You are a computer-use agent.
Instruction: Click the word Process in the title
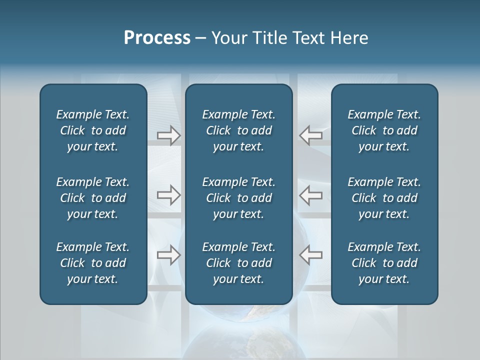click(x=157, y=38)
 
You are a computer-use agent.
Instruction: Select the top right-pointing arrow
click(x=168, y=135)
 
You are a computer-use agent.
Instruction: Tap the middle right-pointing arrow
click(x=168, y=195)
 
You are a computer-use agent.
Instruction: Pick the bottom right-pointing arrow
click(x=168, y=255)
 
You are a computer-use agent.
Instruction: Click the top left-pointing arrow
click(x=310, y=135)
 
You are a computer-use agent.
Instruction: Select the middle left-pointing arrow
click(x=310, y=195)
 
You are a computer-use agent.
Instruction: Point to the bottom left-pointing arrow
click(x=310, y=255)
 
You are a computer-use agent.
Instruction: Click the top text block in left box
click(x=93, y=130)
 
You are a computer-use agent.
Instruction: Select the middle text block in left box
click(x=93, y=198)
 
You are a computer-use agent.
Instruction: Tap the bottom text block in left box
click(x=93, y=263)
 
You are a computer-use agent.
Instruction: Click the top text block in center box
click(x=238, y=130)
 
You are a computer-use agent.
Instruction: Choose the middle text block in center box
click(x=238, y=198)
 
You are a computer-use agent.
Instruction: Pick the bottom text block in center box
click(x=238, y=263)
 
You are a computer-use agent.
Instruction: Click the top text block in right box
click(x=384, y=130)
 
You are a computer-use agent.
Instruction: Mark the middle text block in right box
click(x=384, y=198)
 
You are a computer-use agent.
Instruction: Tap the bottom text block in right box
click(x=384, y=263)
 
